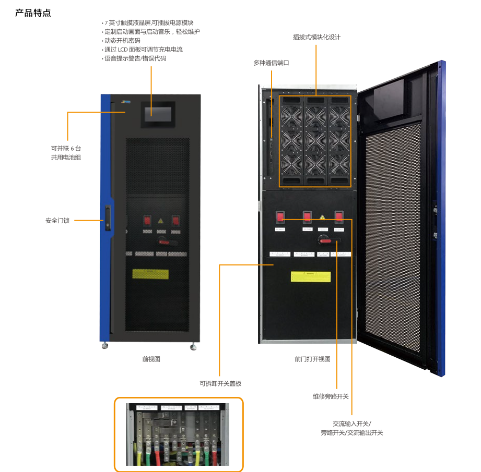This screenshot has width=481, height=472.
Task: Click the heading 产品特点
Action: click(33, 13)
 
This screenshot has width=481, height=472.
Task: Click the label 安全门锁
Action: click(57, 221)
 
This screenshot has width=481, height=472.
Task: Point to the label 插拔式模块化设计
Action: click(316, 38)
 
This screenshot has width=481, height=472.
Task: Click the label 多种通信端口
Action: click(271, 63)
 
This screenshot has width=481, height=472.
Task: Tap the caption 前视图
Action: click(151, 359)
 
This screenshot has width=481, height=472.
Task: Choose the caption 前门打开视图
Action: click(312, 359)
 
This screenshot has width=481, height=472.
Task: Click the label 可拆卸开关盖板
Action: click(220, 383)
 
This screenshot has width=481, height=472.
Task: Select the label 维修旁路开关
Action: click(331, 396)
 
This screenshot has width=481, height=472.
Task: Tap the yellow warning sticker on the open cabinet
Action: click(311, 276)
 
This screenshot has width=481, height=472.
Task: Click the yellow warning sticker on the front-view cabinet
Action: click(150, 274)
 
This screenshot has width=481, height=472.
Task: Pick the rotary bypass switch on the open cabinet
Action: click(326, 239)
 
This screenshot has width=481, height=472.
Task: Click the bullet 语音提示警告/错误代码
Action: click(135, 59)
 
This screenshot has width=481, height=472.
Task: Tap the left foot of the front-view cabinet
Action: click(105, 345)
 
